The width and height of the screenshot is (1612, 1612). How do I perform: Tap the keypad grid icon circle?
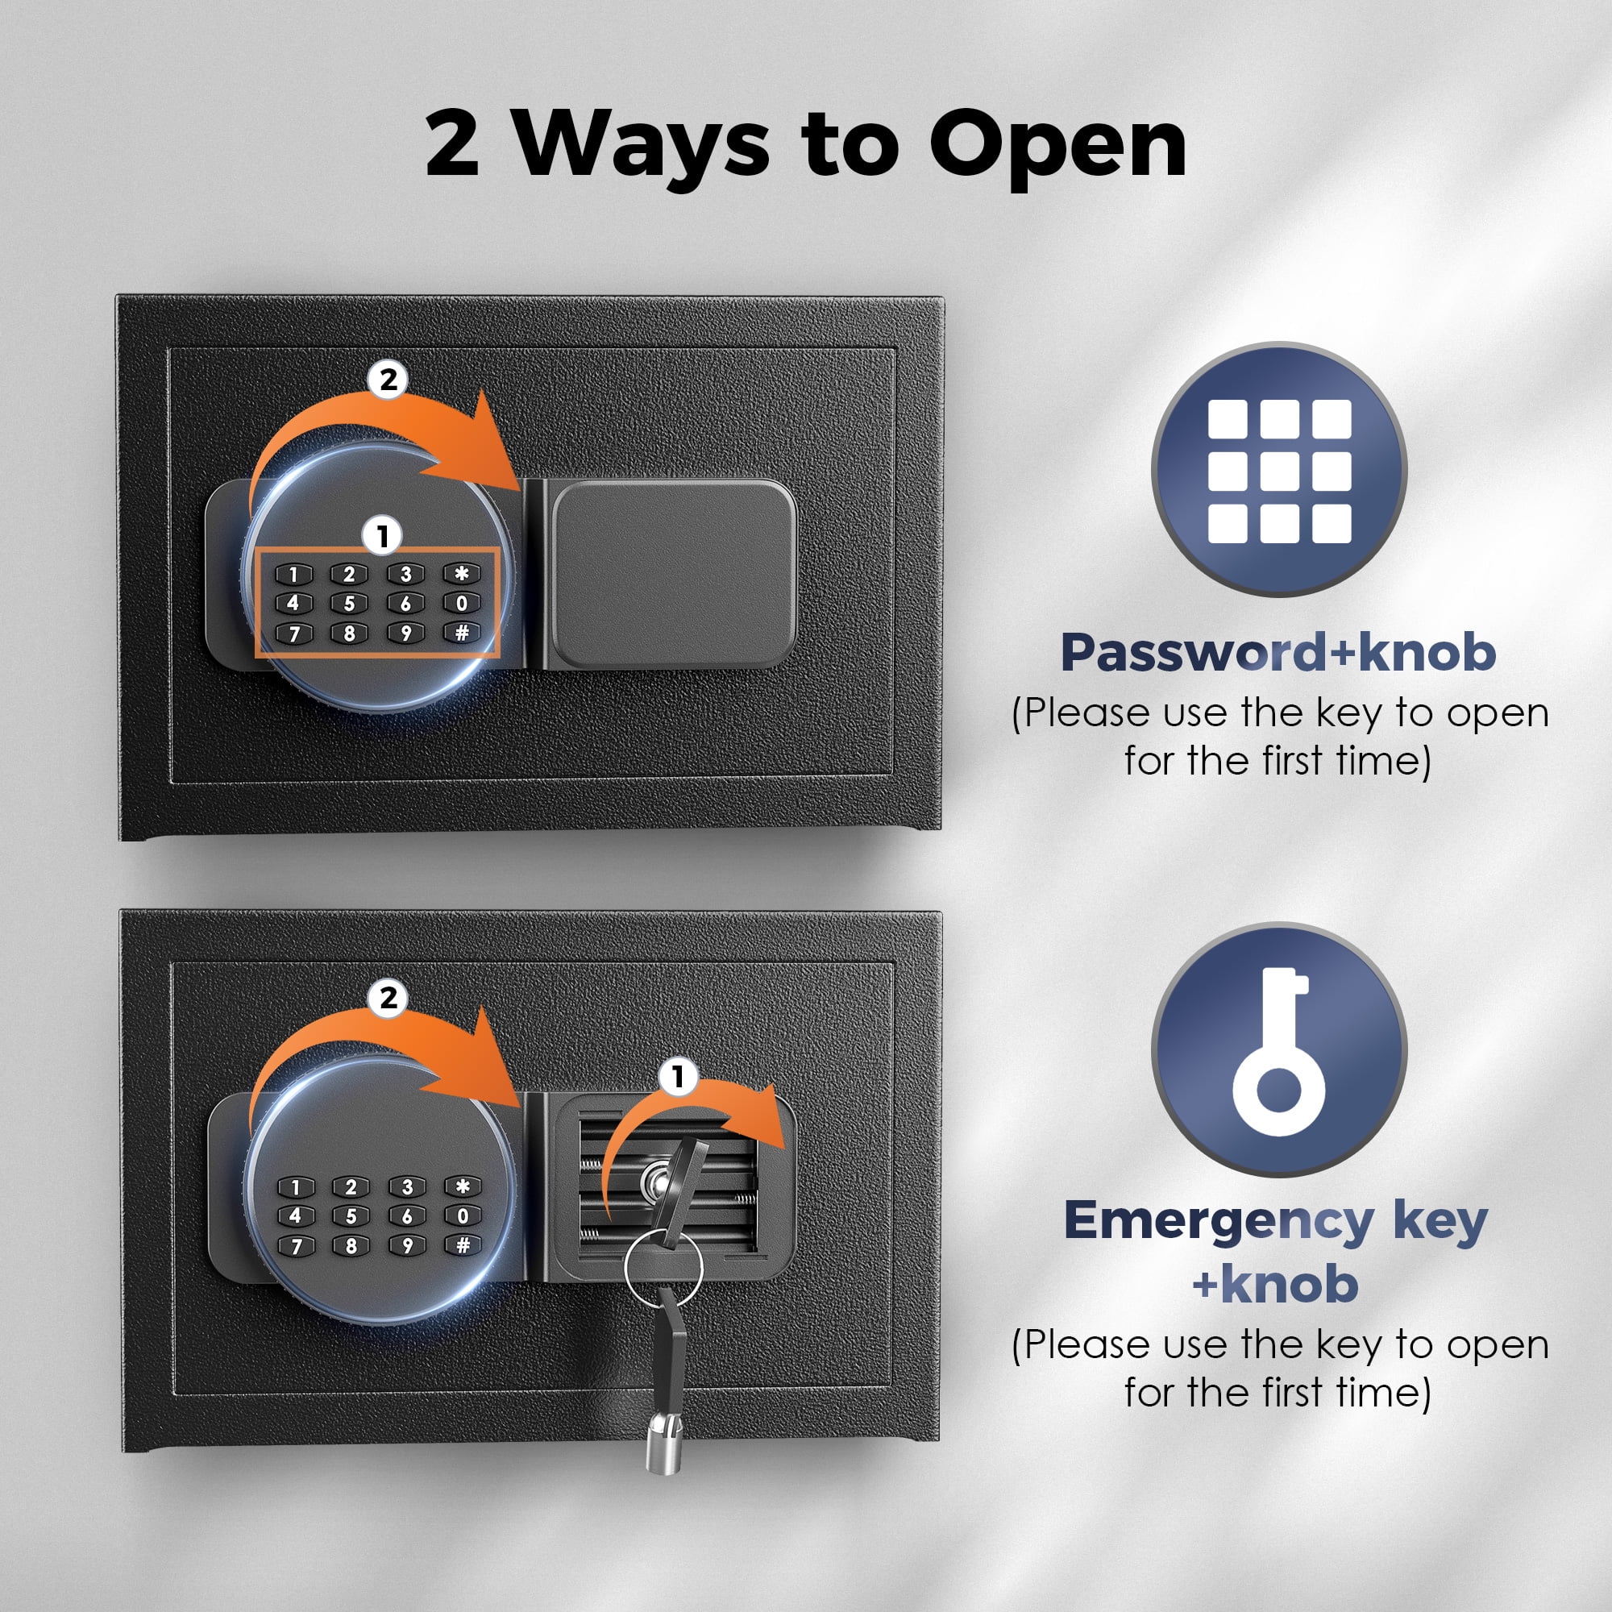tap(1279, 470)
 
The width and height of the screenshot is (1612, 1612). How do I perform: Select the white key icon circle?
tap(1279, 1049)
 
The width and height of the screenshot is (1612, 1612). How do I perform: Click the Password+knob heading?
tap(1278, 653)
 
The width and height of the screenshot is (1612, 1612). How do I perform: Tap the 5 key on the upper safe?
tap(350, 603)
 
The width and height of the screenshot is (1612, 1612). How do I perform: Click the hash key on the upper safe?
tap(461, 633)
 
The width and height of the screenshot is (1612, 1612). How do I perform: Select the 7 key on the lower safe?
tap(295, 1247)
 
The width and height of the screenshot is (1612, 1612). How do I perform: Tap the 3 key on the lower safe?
tap(407, 1186)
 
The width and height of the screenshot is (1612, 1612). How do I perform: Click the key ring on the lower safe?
tap(663, 1266)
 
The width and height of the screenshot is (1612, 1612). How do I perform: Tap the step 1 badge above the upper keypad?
tap(383, 536)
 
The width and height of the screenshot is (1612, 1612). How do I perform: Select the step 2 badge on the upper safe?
tap(388, 380)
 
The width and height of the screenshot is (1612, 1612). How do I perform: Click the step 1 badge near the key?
tap(678, 1077)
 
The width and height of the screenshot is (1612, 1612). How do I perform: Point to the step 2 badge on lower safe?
tap(388, 998)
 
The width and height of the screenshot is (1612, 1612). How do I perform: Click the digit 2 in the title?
tap(452, 144)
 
